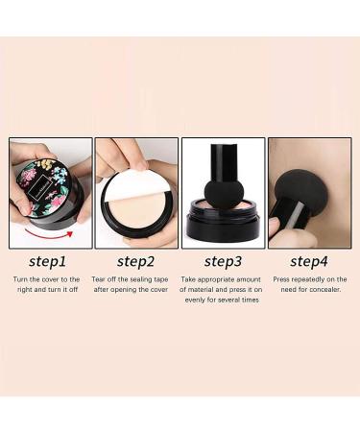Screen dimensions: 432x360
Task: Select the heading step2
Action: point(136,260)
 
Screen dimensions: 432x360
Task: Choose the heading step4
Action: point(309,260)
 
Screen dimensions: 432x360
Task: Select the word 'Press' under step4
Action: point(280,279)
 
